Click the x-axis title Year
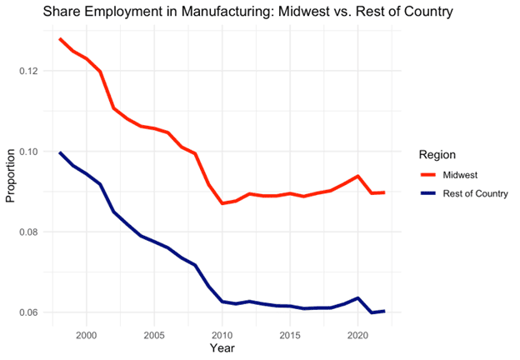[222, 347]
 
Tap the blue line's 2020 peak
[357, 298]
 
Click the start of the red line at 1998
[60, 39]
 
